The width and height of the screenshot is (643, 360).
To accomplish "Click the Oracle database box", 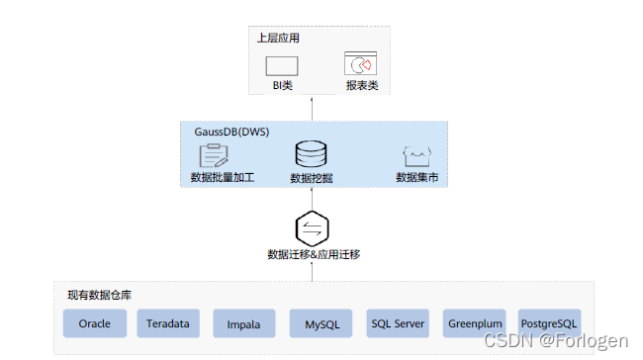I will pos(95,323).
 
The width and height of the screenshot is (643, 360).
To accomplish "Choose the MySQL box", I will pos(321,323).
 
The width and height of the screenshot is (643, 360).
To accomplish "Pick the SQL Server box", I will pos(398,323).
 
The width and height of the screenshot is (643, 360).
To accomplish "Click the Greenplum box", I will pos(475,323).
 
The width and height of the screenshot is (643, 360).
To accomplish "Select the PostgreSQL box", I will pos(549,323).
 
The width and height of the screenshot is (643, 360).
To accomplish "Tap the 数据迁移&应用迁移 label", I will pos(313,254).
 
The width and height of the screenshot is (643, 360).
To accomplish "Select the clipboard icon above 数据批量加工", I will pos(214,155).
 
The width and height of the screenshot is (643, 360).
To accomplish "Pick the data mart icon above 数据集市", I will pos(414,155).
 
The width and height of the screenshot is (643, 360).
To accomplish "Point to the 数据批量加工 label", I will pos(223,178).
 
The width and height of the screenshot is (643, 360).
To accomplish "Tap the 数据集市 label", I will pos(414,178).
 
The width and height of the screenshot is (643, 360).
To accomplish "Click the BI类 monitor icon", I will pos(282,65).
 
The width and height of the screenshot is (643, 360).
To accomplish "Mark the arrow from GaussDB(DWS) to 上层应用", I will pos(313,107).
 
